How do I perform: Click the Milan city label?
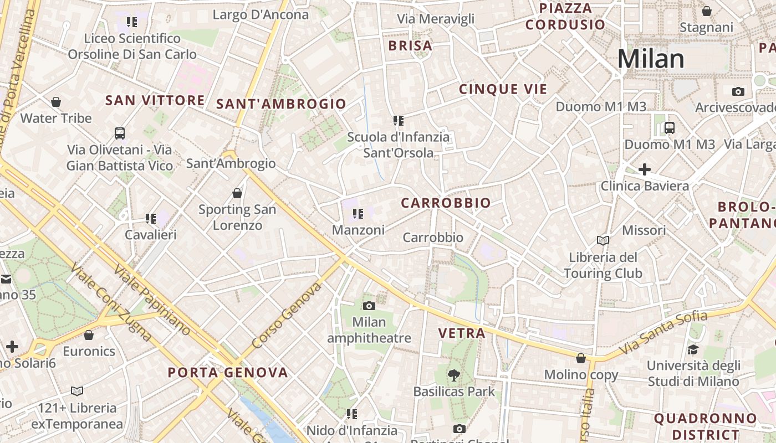(x=651, y=59)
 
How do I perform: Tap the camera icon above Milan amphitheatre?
(x=369, y=306)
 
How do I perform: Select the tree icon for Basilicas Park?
(x=454, y=375)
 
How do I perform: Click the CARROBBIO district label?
(x=446, y=203)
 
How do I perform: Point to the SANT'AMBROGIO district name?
(x=281, y=104)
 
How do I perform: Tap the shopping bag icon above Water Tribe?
(x=56, y=102)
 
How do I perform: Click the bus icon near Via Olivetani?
(x=120, y=133)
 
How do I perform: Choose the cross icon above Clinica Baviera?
(x=644, y=169)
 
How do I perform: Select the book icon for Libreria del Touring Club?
(x=603, y=240)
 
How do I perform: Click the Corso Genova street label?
(x=287, y=316)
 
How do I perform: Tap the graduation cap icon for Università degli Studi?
(x=693, y=349)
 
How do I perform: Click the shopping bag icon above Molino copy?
(x=581, y=358)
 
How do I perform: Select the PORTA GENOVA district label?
(x=228, y=372)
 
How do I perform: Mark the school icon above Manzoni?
(x=358, y=213)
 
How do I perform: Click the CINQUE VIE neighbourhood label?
(x=503, y=89)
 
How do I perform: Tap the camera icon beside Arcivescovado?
(x=738, y=91)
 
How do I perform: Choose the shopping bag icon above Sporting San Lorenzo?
(x=237, y=193)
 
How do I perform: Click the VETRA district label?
(x=462, y=333)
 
